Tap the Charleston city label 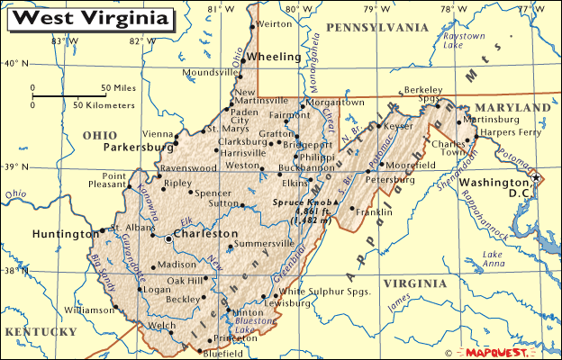[206, 233]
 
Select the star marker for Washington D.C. [536, 178]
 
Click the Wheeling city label [273, 56]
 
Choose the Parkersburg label [138, 146]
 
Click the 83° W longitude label [64, 40]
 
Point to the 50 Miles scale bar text [117, 87]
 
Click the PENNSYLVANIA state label [377, 28]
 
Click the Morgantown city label [336, 103]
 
